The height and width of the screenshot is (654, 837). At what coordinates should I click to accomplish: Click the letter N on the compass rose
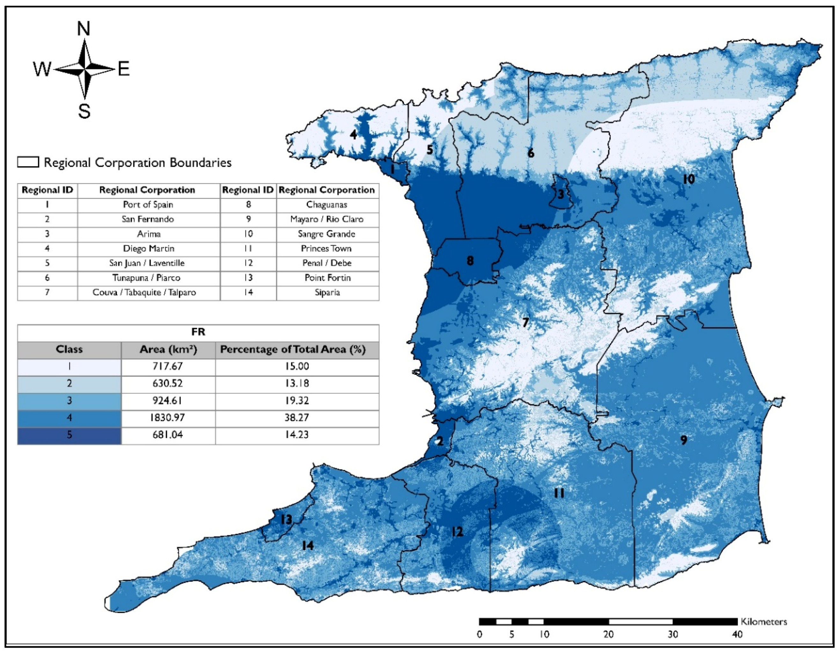click(x=84, y=29)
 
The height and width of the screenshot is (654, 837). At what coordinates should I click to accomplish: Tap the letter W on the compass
click(x=42, y=70)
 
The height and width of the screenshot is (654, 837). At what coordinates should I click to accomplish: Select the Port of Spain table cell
click(x=148, y=205)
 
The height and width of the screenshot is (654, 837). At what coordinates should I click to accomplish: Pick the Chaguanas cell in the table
click(x=327, y=205)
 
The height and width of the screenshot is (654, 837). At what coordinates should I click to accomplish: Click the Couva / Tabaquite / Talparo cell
click(x=144, y=292)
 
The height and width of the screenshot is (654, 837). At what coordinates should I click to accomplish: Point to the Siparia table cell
click(x=327, y=292)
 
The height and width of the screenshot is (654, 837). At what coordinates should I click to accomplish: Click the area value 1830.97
click(x=167, y=418)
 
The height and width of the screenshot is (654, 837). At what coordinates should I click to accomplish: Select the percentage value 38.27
click(x=297, y=418)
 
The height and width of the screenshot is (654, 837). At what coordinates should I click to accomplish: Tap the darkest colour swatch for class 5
click(x=70, y=435)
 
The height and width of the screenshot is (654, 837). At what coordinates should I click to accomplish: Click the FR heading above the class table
click(x=198, y=332)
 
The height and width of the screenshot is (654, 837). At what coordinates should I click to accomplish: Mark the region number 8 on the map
click(x=470, y=261)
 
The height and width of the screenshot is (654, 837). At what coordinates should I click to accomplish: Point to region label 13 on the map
click(x=286, y=520)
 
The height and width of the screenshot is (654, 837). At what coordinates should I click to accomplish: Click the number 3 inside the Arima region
click(x=561, y=194)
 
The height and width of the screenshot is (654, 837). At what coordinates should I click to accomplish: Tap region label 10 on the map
click(x=688, y=179)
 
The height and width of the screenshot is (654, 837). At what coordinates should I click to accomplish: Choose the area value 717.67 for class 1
click(x=167, y=366)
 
